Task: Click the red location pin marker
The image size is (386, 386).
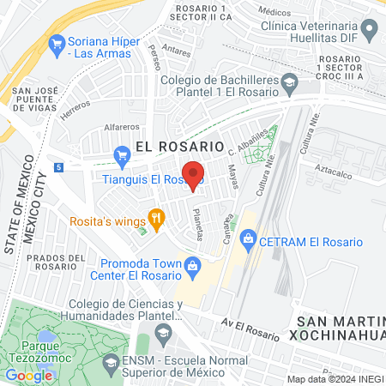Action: point(193,174)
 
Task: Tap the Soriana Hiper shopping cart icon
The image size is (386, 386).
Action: point(57,42)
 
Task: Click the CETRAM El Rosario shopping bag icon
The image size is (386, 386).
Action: point(248,237)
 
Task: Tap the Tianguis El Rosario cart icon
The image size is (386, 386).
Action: point(121,156)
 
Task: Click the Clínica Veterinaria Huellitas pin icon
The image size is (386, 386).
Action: point(370,32)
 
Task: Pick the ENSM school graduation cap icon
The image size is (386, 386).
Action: point(111,364)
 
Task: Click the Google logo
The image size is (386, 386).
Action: point(28,375)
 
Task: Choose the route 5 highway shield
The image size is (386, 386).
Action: point(57,166)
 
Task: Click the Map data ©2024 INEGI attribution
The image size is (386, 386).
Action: point(335,379)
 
